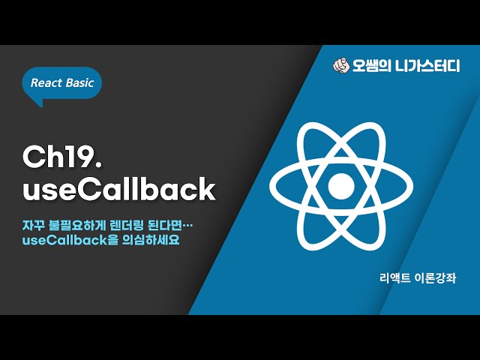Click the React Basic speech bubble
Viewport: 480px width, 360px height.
pos(61,83)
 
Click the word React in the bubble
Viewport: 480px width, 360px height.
pos(46,83)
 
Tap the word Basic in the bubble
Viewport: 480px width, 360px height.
pos(79,83)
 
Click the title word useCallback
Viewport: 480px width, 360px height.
pos(118,189)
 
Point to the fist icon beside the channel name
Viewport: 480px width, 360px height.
pos(341,65)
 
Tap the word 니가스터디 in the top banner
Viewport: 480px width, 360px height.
pos(427,65)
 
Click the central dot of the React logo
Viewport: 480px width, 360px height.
pos(340,183)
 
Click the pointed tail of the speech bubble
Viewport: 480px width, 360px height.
pos(37,103)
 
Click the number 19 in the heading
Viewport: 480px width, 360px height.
pos(73,157)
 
